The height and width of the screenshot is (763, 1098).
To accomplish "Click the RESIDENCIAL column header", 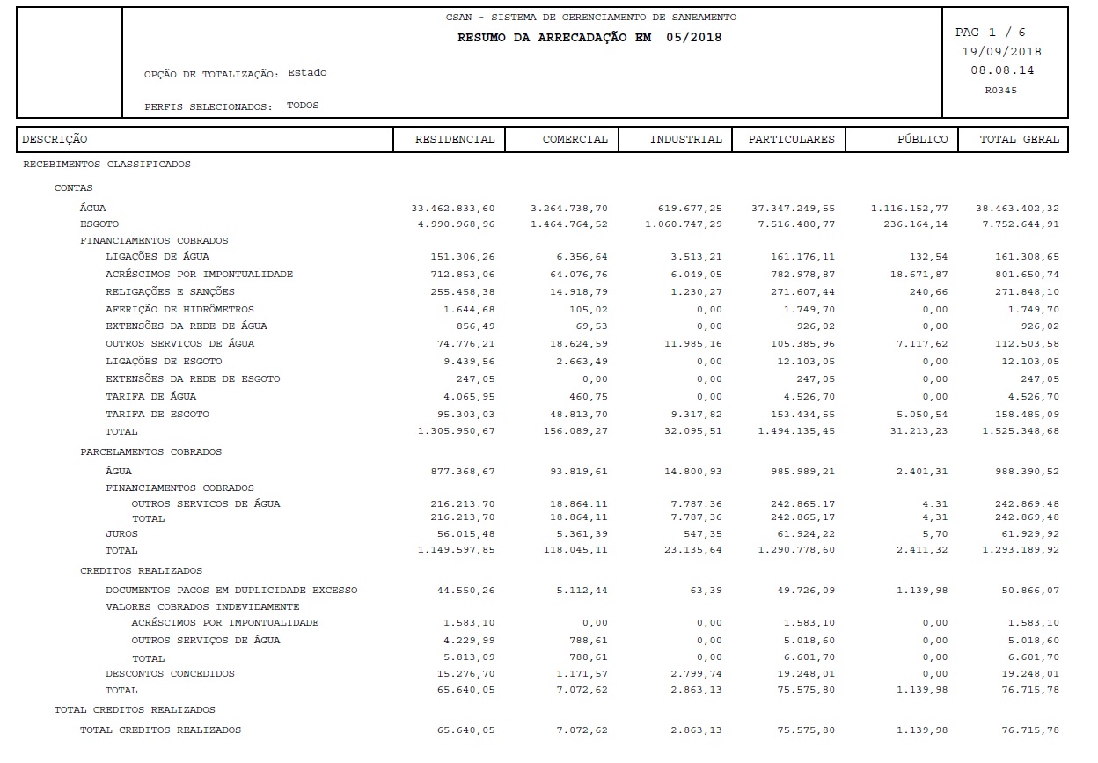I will [x=454, y=139].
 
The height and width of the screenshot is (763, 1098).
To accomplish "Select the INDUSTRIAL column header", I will [x=685, y=139].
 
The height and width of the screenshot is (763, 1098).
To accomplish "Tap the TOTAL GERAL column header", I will [x=1019, y=139].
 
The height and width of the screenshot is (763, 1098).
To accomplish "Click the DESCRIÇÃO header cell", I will [x=55, y=139].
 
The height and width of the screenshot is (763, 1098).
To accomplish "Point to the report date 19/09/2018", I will [x=1001, y=51].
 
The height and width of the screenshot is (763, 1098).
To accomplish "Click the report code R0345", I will [x=1001, y=90].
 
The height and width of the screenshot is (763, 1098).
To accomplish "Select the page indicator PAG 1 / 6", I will [x=990, y=33].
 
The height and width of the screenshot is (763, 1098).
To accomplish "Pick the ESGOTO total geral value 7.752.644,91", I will [x=1017, y=224].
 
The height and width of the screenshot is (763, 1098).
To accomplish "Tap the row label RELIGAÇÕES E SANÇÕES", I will [x=170, y=292].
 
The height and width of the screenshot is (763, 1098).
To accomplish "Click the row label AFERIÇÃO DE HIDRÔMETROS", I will [x=179, y=310].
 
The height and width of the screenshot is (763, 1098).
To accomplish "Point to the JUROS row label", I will [x=121, y=533].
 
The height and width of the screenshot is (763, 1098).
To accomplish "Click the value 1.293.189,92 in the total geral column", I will [x=1017, y=551].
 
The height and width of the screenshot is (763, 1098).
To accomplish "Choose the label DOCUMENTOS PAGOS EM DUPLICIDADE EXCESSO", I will [x=231, y=590].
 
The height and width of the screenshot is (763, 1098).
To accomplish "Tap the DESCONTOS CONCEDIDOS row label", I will [x=170, y=674].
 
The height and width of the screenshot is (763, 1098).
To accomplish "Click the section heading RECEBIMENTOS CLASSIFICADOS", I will [x=106, y=165].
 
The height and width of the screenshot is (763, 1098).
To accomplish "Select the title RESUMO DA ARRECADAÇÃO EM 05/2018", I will [x=589, y=38].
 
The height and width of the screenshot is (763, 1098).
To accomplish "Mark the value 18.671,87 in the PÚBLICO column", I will [x=919, y=275].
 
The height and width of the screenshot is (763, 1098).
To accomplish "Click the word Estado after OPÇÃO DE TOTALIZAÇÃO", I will [x=307, y=73].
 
